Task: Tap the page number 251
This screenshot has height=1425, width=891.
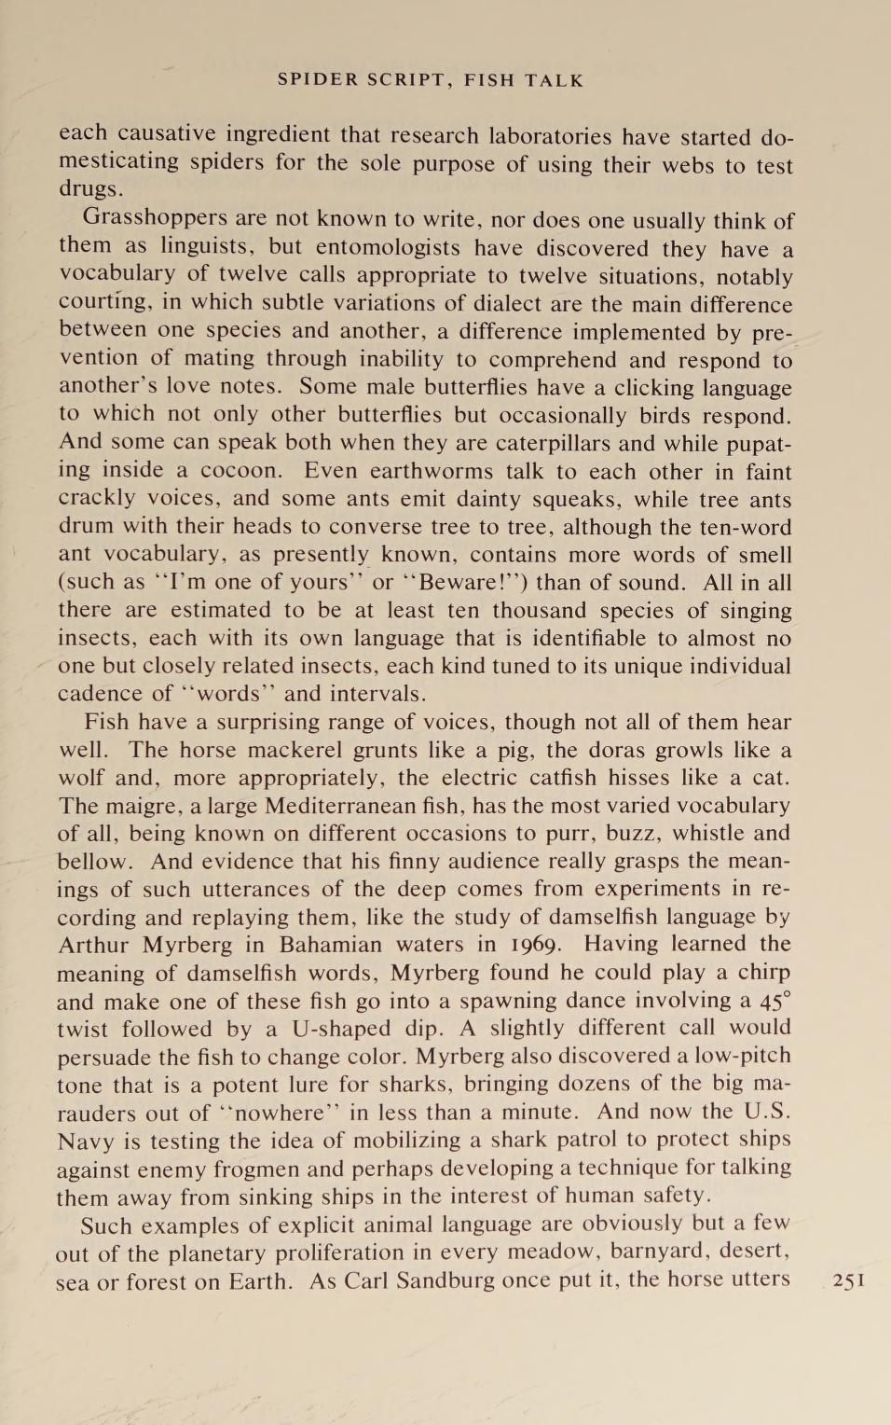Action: click(x=849, y=1280)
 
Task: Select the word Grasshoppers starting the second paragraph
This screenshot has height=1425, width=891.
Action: click(x=155, y=218)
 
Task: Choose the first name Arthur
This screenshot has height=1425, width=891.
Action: click(x=95, y=945)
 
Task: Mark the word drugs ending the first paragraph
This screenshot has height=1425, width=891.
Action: click(x=89, y=189)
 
